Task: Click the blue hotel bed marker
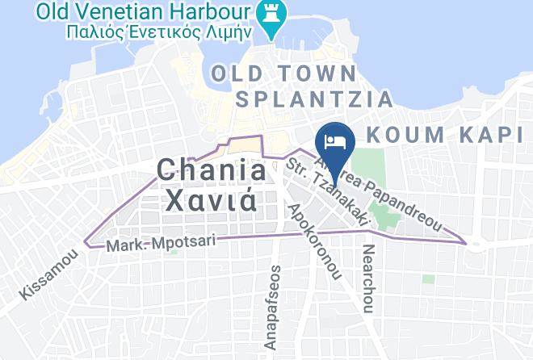click(x=335, y=140)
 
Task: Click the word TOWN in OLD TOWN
click(x=314, y=73)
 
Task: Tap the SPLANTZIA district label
click(x=314, y=99)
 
